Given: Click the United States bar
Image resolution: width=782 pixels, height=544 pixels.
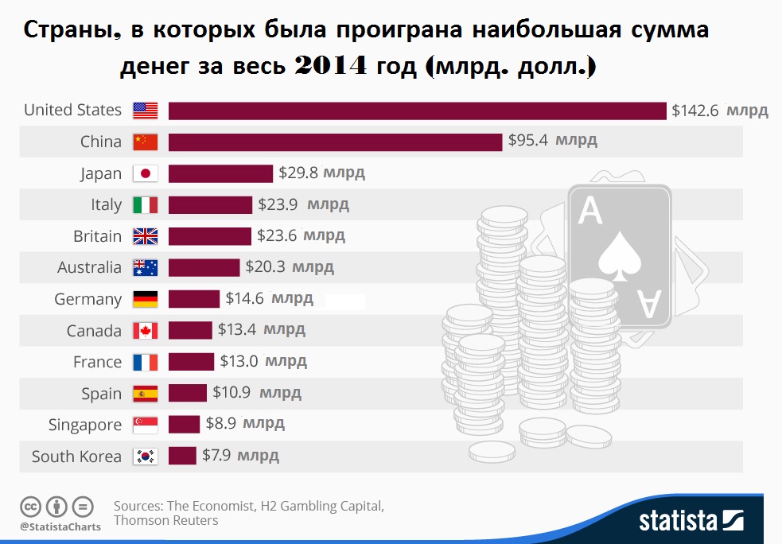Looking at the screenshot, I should click(417, 111).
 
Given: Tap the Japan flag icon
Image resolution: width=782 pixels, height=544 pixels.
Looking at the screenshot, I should click(146, 173).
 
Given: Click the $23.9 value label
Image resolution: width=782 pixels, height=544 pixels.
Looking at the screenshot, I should click(278, 205).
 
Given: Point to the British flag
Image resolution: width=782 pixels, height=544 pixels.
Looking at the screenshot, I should click(146, 236).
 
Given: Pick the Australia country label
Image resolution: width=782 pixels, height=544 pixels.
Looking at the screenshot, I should click(89, 268).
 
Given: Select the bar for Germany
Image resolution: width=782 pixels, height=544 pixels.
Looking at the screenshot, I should click(193, 299).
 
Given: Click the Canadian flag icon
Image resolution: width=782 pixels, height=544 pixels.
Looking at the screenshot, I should click(146, 331).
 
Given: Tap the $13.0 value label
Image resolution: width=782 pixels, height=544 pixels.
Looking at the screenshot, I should click(239, 362).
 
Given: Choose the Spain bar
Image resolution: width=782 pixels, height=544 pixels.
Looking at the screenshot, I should click(187, 394).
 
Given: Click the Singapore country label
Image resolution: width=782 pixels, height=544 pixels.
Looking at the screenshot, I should click(84, 425).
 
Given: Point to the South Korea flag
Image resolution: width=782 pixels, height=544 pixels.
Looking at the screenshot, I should click(146, 457).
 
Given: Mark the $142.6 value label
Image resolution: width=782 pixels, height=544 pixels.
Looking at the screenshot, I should click(695, 111).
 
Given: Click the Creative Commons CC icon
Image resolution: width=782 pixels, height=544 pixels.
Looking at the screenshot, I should click(30, 506).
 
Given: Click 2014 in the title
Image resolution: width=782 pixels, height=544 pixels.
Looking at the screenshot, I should click(330, 67).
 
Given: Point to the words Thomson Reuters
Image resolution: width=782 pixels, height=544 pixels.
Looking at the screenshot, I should click(165, 521).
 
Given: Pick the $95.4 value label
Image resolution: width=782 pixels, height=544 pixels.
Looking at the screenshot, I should click(529, 142).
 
